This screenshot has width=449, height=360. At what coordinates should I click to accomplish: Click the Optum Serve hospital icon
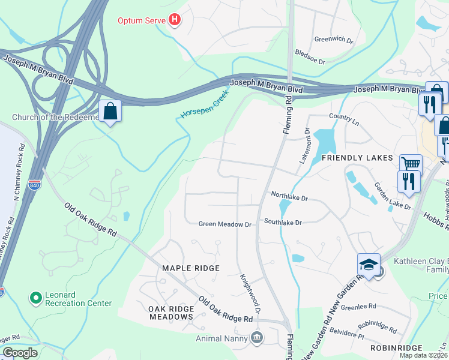175,20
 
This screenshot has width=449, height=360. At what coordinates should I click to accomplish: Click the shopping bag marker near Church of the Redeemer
110,112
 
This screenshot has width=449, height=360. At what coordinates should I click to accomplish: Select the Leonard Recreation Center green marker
35,297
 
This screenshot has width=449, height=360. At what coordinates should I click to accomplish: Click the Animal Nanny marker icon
257,338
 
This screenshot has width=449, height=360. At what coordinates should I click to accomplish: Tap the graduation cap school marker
369,265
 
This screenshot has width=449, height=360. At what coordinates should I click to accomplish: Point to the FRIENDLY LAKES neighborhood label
357,158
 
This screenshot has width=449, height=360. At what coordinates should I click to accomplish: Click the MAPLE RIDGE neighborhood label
191,268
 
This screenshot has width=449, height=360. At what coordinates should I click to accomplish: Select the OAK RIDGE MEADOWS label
171,313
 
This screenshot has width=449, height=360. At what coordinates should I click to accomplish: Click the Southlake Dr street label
282,222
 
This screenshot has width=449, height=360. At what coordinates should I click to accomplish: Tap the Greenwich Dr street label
334,39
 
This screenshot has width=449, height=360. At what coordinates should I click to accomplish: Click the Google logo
20,353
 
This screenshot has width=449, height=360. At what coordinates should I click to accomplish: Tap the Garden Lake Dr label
393,196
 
